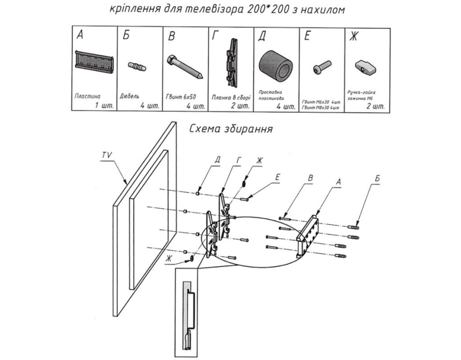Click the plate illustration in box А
click(94, 63)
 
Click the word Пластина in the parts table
click(88, 96)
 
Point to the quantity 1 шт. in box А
click(104, 106)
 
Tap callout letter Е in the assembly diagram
click(277, 177)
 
